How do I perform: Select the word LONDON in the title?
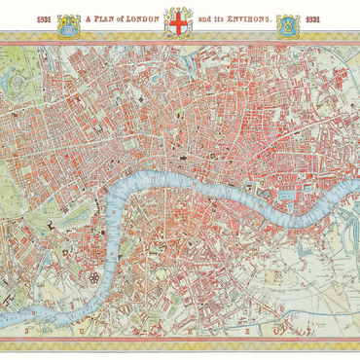[x=140, y=18]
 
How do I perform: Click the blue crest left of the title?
[x=68, y=23]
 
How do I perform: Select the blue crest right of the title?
[x=289, y=23]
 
